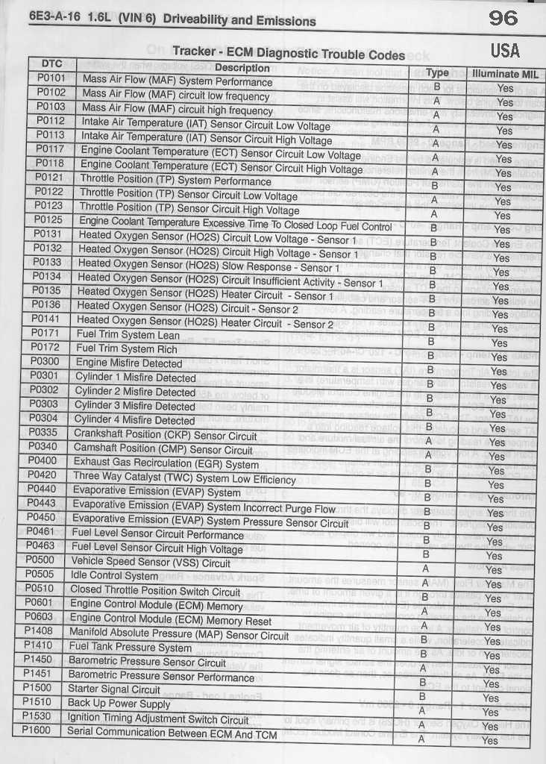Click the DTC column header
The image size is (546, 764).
point(51,63)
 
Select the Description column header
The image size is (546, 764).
point(242,68)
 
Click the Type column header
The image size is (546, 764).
point(437,72)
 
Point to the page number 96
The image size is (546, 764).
point(503,18)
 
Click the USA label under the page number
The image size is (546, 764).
point(505,51)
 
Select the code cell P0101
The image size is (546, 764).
point(51,78)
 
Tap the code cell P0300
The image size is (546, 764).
point(45,361)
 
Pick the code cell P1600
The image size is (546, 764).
point(37,730)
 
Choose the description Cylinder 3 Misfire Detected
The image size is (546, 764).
point(135,406)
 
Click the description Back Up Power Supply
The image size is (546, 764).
point(119,703)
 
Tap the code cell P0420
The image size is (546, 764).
point(42,475)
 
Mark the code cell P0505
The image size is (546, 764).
point(40,574)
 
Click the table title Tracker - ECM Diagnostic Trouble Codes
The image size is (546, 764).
point(289,53)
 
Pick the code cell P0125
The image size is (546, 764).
point(48,220)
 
